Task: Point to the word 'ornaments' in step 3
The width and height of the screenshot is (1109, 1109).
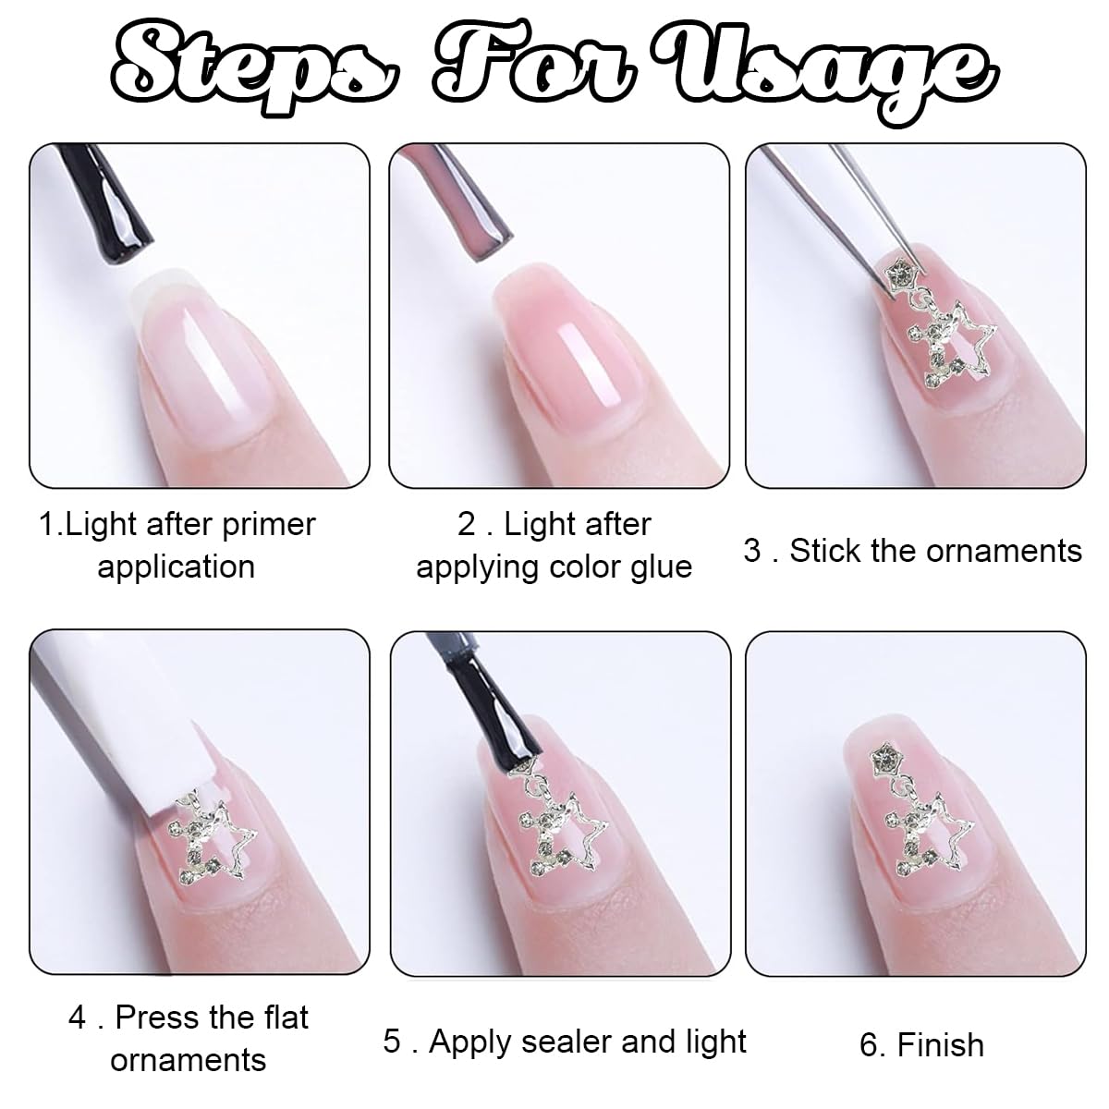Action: (x=1005, y=551)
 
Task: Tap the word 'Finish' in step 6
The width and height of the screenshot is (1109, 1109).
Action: (x=941, y=1044)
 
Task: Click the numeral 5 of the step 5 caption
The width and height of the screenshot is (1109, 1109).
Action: (x=392, y=1042)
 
